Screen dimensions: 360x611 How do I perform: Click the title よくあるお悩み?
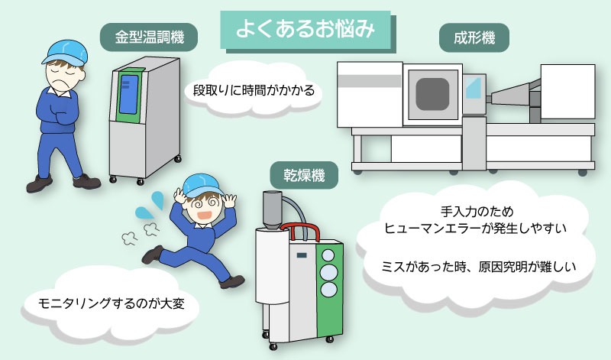pos(305,29)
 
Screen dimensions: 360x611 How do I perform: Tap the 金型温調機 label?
pos(144,35)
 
